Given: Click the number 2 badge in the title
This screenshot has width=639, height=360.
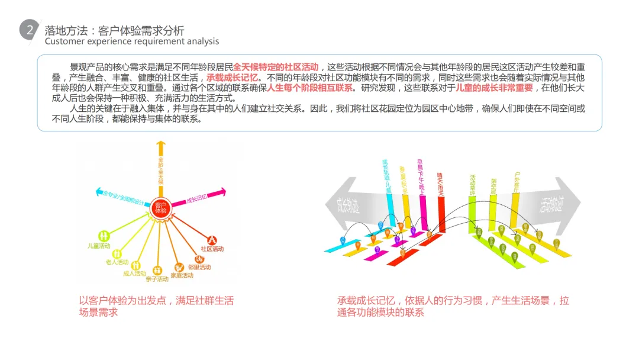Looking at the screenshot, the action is pyautogui.click(x=30, y=31).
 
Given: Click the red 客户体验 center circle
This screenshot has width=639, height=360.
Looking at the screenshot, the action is pyautogui.click(x=160, y=207).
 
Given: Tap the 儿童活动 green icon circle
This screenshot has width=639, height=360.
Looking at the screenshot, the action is pyautogui.click(x=104, y=235).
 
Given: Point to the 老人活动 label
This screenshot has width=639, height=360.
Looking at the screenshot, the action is pyautogui.click(x=117, y=262).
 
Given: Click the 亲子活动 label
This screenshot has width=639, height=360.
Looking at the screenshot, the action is pyautogui.click(x=157, y=279).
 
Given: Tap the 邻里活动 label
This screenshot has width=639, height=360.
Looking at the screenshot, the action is pyautogui.click(x=199, y=267).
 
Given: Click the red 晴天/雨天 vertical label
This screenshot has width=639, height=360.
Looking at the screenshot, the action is pyautogui.click(x=440, y=184).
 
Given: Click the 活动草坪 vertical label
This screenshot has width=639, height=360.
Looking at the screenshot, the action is pyautogui.click(x=472, y=184).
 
